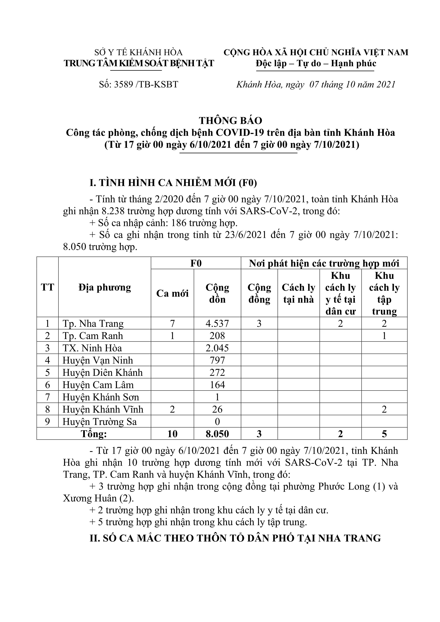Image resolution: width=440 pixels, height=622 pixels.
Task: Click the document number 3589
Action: pyautogui.click(x=123, y=85)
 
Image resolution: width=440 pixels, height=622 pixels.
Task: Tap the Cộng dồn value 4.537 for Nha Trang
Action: pyautogui.click(x=217, y=323)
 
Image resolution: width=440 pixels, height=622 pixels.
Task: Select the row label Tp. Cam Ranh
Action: pyautogui.click(x=93, y=336)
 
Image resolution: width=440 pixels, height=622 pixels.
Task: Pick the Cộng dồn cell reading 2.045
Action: pyautogui.click(x=217, y=348)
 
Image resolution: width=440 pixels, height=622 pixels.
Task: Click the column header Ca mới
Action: pyautogui.click(x=172, y=293)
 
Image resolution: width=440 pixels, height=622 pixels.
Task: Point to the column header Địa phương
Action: pyautogui.click(x=105, y=288)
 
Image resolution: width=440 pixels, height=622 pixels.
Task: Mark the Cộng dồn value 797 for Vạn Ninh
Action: pyautogui.click(x=217, y=360)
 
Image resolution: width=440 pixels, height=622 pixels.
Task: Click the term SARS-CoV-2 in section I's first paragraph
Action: pyautogui.click(x=271, y=211)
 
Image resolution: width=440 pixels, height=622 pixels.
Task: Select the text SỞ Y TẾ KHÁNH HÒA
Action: pyautogui.click(x=139, y=52)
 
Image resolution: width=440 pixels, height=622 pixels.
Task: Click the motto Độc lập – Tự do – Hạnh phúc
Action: pyautogui.click(x=316, y=64)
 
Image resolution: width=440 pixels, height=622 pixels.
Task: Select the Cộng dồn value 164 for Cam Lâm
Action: pyautogui.click(x=217, y=385)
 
